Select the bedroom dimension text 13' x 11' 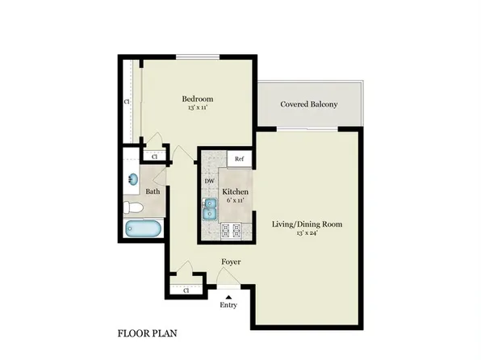coord(197,107)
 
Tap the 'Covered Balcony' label coord(308,104)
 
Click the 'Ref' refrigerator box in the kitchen coord(239,159)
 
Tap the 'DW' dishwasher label coord(209,181)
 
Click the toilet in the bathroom coord(136,208)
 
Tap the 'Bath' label coord(153,191)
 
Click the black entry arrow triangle coord(228,296)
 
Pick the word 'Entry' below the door coord(228,306)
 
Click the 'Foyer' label coord(231,262)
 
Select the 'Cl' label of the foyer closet coord(186,289)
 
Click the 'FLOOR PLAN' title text coord(148,333)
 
